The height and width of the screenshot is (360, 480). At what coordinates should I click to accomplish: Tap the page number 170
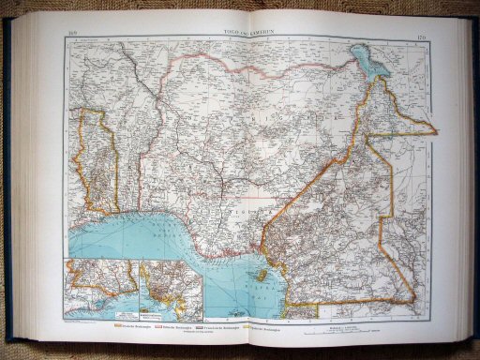[x=422, y=37]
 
